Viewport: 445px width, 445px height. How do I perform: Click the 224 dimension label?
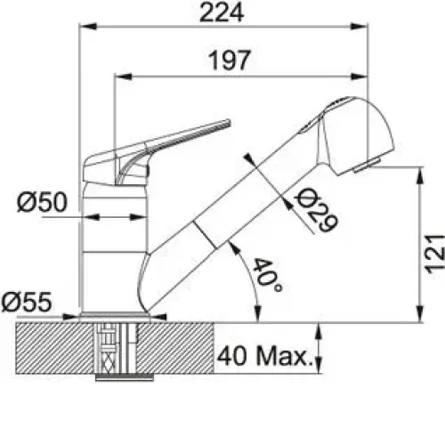pos(222,13)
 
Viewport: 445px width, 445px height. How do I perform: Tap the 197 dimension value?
pos(230,61)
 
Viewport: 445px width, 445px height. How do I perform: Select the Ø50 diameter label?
pos(42,202)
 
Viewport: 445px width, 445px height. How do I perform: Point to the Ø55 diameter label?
pos(27,303)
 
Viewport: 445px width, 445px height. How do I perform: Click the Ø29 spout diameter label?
pos(316,210)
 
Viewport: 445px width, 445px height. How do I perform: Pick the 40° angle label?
pos(267,275)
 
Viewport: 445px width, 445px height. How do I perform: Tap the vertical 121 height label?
pos(435,254)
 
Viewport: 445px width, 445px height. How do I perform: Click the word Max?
pos(285,355)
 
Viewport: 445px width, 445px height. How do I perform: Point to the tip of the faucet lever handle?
pos(229,122)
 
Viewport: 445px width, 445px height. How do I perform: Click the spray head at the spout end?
pos(358,135)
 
